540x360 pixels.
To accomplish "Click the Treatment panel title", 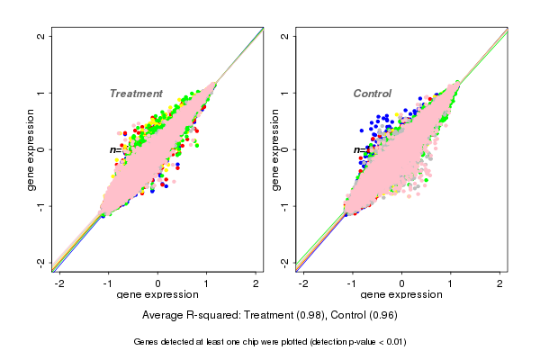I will pyautogui.click(x=136, y=94).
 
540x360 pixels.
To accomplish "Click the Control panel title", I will pyautogui.click(x=372, y=94).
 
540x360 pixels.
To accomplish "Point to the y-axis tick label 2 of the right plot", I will pyautogui.click(x=285, y=36).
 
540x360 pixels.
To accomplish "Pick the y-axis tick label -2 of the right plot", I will pyautogui.click(x=285, y=262).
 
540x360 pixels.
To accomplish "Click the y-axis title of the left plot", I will pyautogui.click(x=31, y=149).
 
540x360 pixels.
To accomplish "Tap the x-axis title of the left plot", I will pyautogui.click(x=158, y=295).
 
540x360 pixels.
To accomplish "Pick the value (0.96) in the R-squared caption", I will pyautogui.click(x=381, y=315).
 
